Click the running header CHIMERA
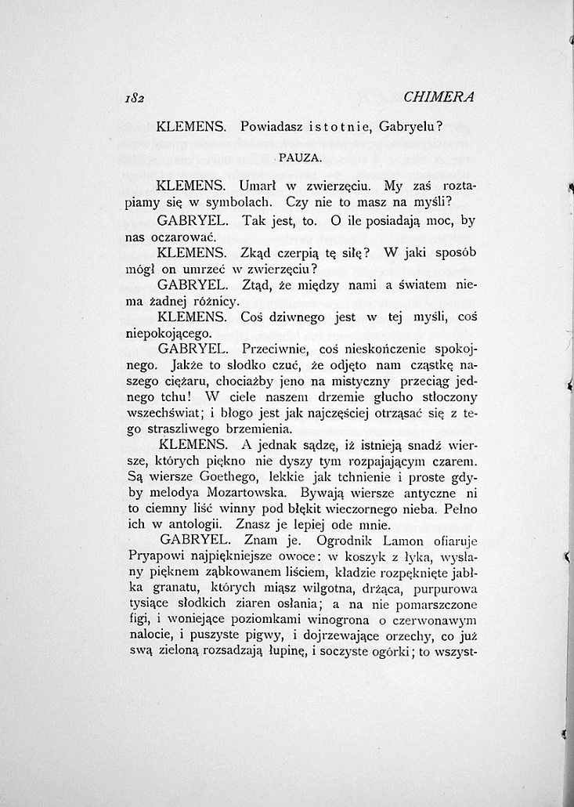pos(440,97)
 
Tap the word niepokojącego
pos(168,333)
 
